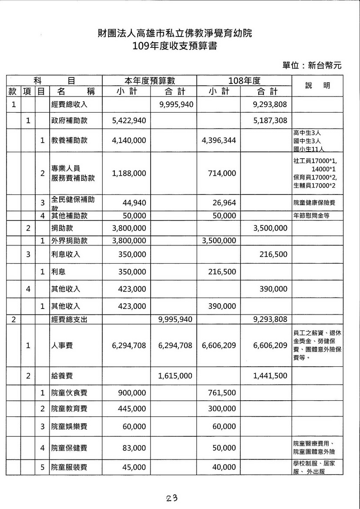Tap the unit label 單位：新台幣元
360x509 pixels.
(312, 65)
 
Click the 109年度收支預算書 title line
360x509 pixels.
(175, 46)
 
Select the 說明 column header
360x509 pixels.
(317, 86)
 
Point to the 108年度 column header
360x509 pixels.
(244, 80)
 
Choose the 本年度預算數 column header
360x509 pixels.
(149, 80)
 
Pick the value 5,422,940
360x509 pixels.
(128, 121)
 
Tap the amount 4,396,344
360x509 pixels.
(219, 141)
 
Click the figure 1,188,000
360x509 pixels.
(128, 173)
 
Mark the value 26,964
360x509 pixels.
(225, 203)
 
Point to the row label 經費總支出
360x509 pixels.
(69, 320)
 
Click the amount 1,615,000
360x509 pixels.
(175, 376)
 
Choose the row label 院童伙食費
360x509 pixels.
(69, 393)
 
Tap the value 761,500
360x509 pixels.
(222, 393)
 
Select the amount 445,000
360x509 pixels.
(132, 409)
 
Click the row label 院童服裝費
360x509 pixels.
(69, 467)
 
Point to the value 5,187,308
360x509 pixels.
(270, 121)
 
